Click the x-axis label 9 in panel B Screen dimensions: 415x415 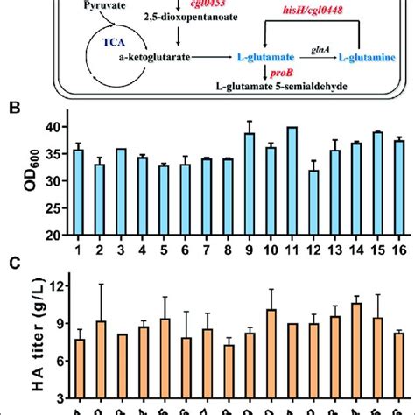(x=248, y=250)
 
